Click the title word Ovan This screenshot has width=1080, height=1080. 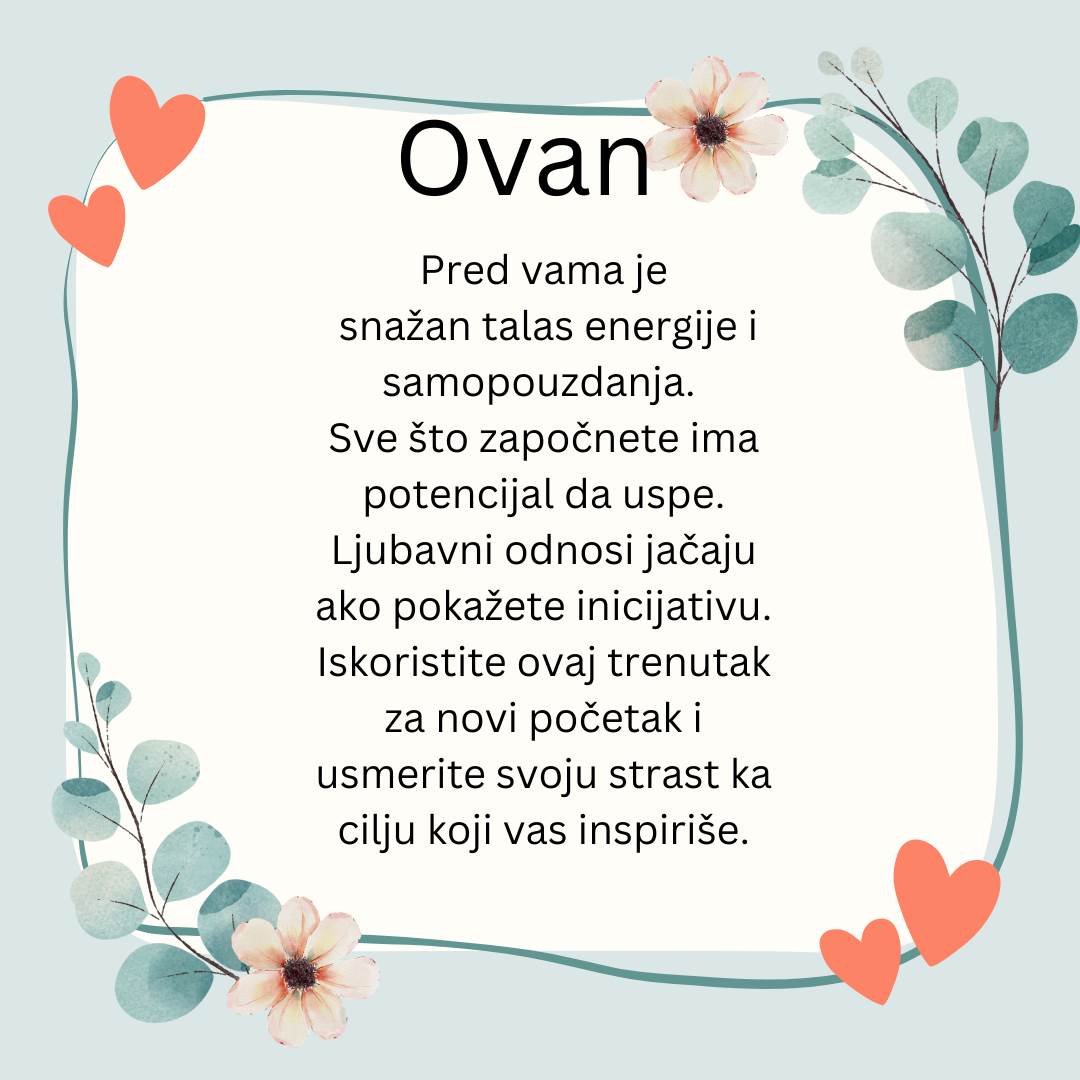pos(525,160)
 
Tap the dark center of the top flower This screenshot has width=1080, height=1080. pos(711,130)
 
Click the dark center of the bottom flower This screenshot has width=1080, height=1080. pos(300,973)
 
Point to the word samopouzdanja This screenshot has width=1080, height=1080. pos(538,384)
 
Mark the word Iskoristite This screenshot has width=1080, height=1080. pos(411,663)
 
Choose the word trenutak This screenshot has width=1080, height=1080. pos(689,663)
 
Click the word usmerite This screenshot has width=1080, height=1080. pos(401,775)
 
